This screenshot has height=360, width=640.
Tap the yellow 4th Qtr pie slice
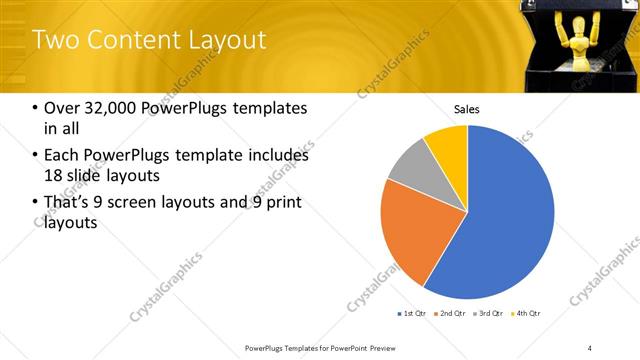[448, 145]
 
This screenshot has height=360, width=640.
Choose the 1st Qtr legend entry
[412, 314]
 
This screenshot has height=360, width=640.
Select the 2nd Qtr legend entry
[452, 314]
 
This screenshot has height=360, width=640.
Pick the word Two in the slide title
[53, 40]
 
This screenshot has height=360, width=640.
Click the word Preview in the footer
[380, 347]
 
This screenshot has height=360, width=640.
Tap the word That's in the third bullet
[67, 203]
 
